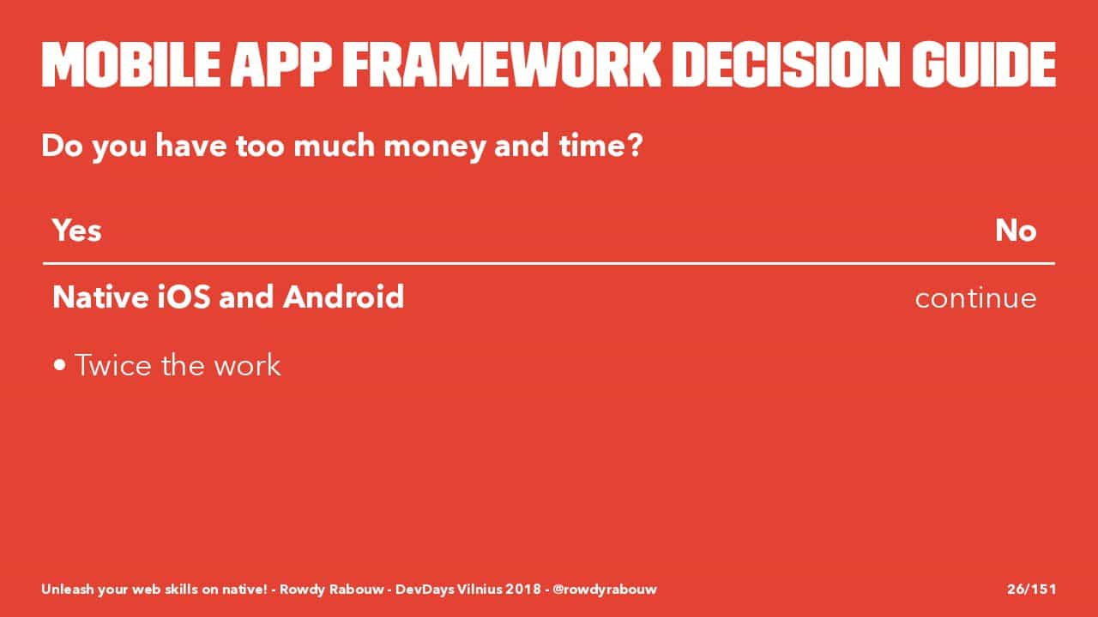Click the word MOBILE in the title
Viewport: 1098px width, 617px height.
coord(131,64)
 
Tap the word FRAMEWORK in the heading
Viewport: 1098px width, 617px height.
coord(502,64)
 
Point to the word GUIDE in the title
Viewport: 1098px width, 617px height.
coord(984,64)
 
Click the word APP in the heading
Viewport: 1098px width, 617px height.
coord(281,64)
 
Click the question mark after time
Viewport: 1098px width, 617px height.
coord(636,146)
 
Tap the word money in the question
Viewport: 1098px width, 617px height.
coord(434,147)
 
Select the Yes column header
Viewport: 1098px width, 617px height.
coord(77,231)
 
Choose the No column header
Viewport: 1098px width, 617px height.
coord(1016,231)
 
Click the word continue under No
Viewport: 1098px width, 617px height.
coord(975,298)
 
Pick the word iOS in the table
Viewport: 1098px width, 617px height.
coord(184,297)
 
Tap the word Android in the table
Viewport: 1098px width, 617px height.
coord(344,297)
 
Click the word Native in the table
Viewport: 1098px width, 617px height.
coord(100,297)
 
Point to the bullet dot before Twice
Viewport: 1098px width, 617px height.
coord(60,365)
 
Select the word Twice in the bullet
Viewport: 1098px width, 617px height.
coord(113,365)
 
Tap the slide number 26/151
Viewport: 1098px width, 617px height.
coord(1031,589)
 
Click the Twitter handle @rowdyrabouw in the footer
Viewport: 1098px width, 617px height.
coord(605,589)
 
